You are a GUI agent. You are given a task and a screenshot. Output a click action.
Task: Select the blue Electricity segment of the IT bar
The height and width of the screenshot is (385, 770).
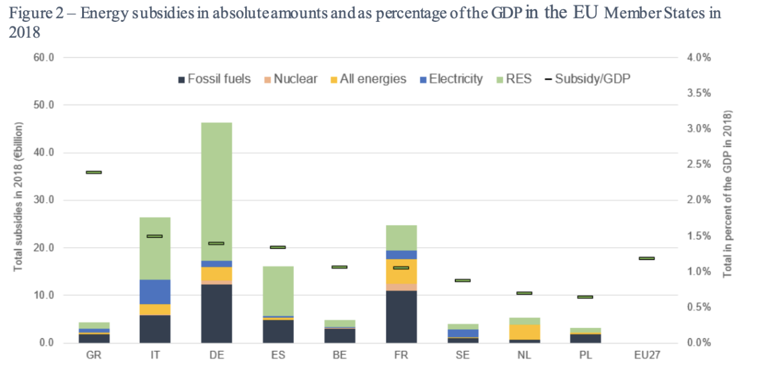[x=155, y=292]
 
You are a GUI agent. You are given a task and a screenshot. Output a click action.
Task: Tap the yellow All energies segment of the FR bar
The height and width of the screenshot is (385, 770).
[x=401, y=271]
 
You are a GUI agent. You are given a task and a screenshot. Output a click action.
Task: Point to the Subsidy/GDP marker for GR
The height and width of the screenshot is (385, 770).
[x=94, y=173]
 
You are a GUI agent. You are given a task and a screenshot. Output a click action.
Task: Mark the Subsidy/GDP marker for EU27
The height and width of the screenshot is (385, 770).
[x=646, y=259]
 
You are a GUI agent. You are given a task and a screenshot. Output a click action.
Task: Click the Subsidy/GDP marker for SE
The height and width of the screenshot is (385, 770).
[x=463, y=280]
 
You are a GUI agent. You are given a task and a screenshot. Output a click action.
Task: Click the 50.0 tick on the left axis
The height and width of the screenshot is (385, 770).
[x=42, y=105]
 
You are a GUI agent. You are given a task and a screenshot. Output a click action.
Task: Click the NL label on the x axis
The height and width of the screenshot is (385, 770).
[x=524, y=356]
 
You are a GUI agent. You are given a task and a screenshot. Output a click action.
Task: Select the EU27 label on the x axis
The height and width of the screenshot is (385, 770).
[x=646, y=356]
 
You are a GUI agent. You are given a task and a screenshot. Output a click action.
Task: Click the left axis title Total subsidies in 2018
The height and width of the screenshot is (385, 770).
[x=19, y=199]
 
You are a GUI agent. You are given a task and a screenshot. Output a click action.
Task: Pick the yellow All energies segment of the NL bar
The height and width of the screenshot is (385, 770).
[x=524, y=332]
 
